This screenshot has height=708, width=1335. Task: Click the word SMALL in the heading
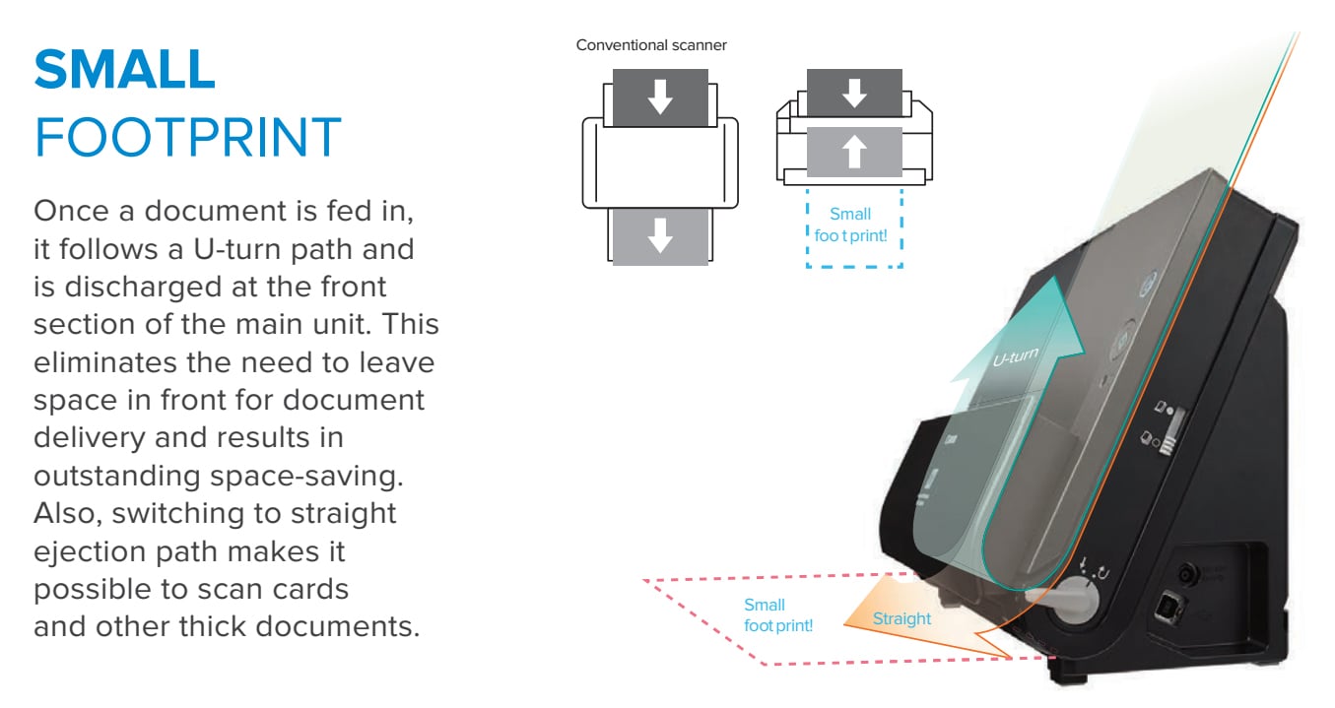tap(124, 69)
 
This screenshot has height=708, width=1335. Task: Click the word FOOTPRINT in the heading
tap(188, 137)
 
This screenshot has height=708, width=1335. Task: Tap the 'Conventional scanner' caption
tap(651, 45)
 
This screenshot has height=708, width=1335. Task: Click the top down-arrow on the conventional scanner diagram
tap(660, 97)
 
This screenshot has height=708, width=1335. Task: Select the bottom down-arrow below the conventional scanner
tap(660, 235)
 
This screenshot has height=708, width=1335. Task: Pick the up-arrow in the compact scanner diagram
tap(854, 151)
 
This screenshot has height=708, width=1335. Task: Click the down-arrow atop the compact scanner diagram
tap(854, 93)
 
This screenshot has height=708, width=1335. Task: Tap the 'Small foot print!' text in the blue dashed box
tap(850, 225)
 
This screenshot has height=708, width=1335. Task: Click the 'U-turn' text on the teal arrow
tap(1016, 356)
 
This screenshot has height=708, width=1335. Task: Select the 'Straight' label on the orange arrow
tap(901, 618)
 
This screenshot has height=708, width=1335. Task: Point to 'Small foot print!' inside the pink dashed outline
tap(777, 615)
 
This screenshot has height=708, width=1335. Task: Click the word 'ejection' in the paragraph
tap(90, 552)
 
